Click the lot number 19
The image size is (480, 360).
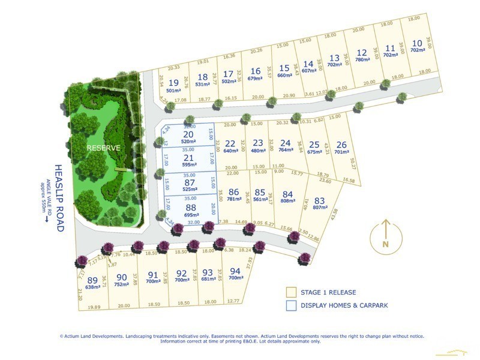tap(174, 82)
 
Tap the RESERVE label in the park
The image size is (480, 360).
tap(103, 147)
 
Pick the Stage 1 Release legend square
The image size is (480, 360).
tap(291, 292)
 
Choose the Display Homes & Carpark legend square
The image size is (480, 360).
tap(291, 305)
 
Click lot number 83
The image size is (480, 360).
tap(319, 200)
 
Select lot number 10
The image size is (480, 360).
tap(417, 43)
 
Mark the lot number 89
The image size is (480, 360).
tap(92, 280)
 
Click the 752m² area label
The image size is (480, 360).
tap(122, 284)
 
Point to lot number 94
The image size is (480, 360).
tap(235, 271)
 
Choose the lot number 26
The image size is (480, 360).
tap(341, 145)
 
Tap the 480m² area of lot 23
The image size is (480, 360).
tap(258, 151)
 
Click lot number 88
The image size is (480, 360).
tap(190, 207)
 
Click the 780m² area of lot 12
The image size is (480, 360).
tap(361, 59)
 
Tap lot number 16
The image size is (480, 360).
tap(256, 70)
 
